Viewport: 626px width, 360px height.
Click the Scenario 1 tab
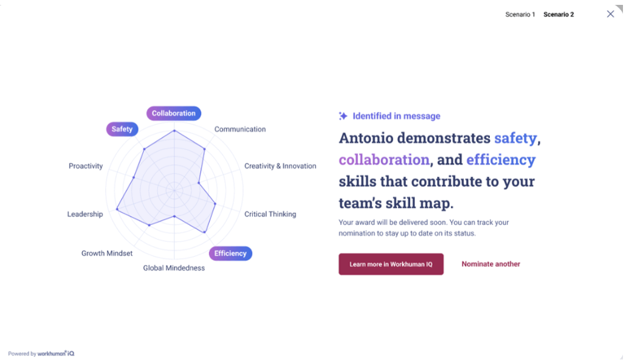520,15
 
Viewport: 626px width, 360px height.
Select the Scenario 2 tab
558,15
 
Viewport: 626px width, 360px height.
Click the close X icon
610,14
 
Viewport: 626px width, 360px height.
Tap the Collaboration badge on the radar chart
174,113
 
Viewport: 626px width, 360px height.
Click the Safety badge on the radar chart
122,129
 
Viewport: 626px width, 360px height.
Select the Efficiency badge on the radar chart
230,253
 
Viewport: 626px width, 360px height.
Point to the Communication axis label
239,129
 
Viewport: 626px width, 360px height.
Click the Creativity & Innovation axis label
280,166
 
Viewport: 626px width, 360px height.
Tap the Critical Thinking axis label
270,214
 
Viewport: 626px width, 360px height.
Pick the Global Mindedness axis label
174,268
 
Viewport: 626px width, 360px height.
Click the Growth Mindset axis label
107,253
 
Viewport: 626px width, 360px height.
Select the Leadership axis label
85,214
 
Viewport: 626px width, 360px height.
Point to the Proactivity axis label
86,166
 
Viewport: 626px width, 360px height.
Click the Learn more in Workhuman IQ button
391,264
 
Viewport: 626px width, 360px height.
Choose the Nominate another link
490,264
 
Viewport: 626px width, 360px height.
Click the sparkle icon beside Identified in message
343,116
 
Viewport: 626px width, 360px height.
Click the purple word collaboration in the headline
384,159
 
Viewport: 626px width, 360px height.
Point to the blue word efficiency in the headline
501,159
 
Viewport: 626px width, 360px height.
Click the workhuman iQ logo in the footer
56,353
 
